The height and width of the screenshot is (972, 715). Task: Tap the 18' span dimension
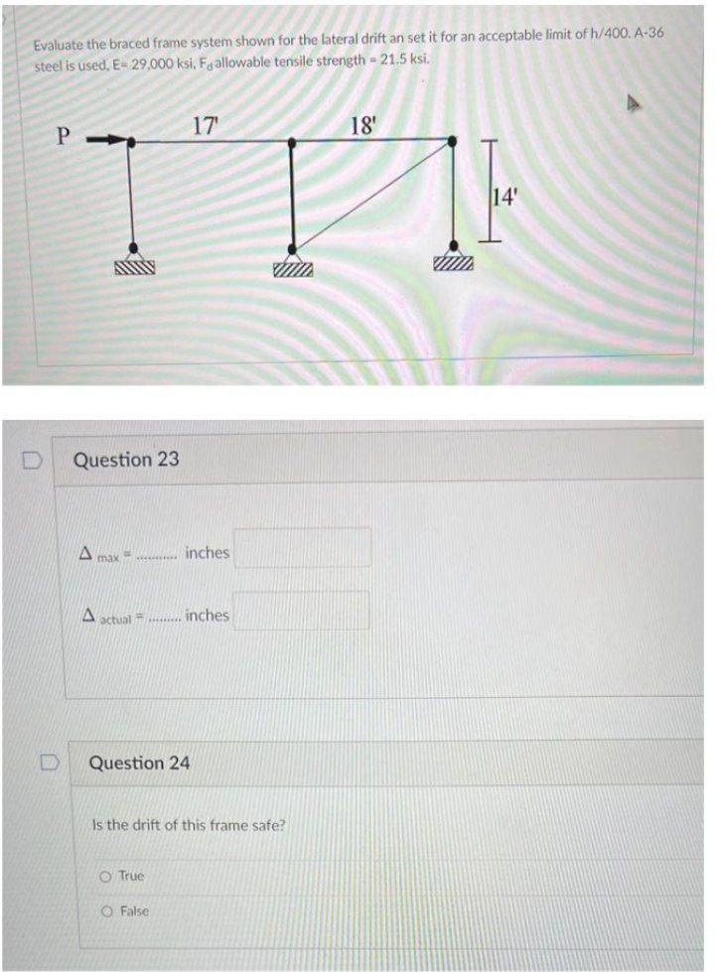point(364,126)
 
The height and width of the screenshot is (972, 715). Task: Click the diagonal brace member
point(371,195)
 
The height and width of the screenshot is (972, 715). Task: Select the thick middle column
point(291,195)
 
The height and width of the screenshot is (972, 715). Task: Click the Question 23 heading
point(127,460)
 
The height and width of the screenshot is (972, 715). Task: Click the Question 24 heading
point(141,763)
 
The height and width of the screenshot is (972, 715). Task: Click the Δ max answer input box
point(303,548)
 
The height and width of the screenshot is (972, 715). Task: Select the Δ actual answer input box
point(303,612)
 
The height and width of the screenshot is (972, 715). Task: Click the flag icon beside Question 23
point(30,461)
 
